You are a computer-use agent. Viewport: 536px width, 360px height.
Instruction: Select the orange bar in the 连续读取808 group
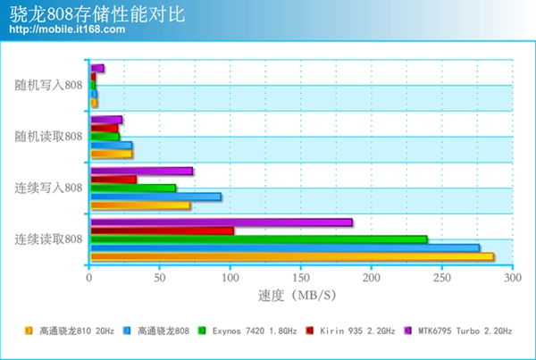click(291, 257)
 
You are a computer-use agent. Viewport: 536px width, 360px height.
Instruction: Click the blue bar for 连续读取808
click(284, 247)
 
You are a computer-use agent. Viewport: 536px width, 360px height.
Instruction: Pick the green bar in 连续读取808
click(258, 239)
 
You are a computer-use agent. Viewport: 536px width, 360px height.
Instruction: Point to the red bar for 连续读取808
click(162, 230)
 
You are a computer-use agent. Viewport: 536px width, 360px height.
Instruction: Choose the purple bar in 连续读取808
click(221, 222)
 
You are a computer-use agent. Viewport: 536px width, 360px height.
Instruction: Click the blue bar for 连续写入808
click(155, 197)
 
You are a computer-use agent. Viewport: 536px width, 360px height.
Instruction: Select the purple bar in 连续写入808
click(141, 171)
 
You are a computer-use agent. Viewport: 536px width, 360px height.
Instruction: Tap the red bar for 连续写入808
click(113, 180)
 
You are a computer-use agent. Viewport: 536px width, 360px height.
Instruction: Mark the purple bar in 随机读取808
click(105, 120)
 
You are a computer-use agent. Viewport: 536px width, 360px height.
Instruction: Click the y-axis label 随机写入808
click(48, 85)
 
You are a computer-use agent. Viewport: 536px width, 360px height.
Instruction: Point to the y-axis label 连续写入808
click(48, 188)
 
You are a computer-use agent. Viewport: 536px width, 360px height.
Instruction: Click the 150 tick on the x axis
click(300, 278)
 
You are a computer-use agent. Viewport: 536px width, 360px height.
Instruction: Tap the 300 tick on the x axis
click(512, 278)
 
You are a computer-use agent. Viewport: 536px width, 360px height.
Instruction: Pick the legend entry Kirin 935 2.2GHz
click(354, 331)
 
